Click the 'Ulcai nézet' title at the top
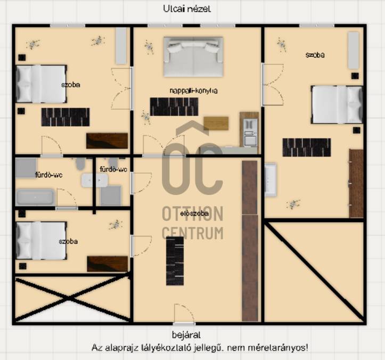click(187, 9)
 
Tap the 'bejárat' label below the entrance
click(186, 335)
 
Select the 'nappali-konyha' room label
click(193, 91)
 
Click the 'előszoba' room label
click(194, 214)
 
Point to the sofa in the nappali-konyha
click(193, 57)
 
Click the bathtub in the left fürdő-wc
click(35, 197)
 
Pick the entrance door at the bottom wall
click(184, 314)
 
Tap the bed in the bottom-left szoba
click(41, 241)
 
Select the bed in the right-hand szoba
click(337, 104)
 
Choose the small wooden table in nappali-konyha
click(216, 123)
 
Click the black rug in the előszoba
click(175, 261)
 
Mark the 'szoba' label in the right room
click(315, 55)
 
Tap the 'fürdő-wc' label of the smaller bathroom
click(113, 169)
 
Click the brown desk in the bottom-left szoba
click(107, 264)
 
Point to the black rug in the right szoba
click(307, 148)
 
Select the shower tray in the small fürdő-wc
click(110, 196)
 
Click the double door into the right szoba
click(273, 85)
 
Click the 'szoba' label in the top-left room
click(71, 85)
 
